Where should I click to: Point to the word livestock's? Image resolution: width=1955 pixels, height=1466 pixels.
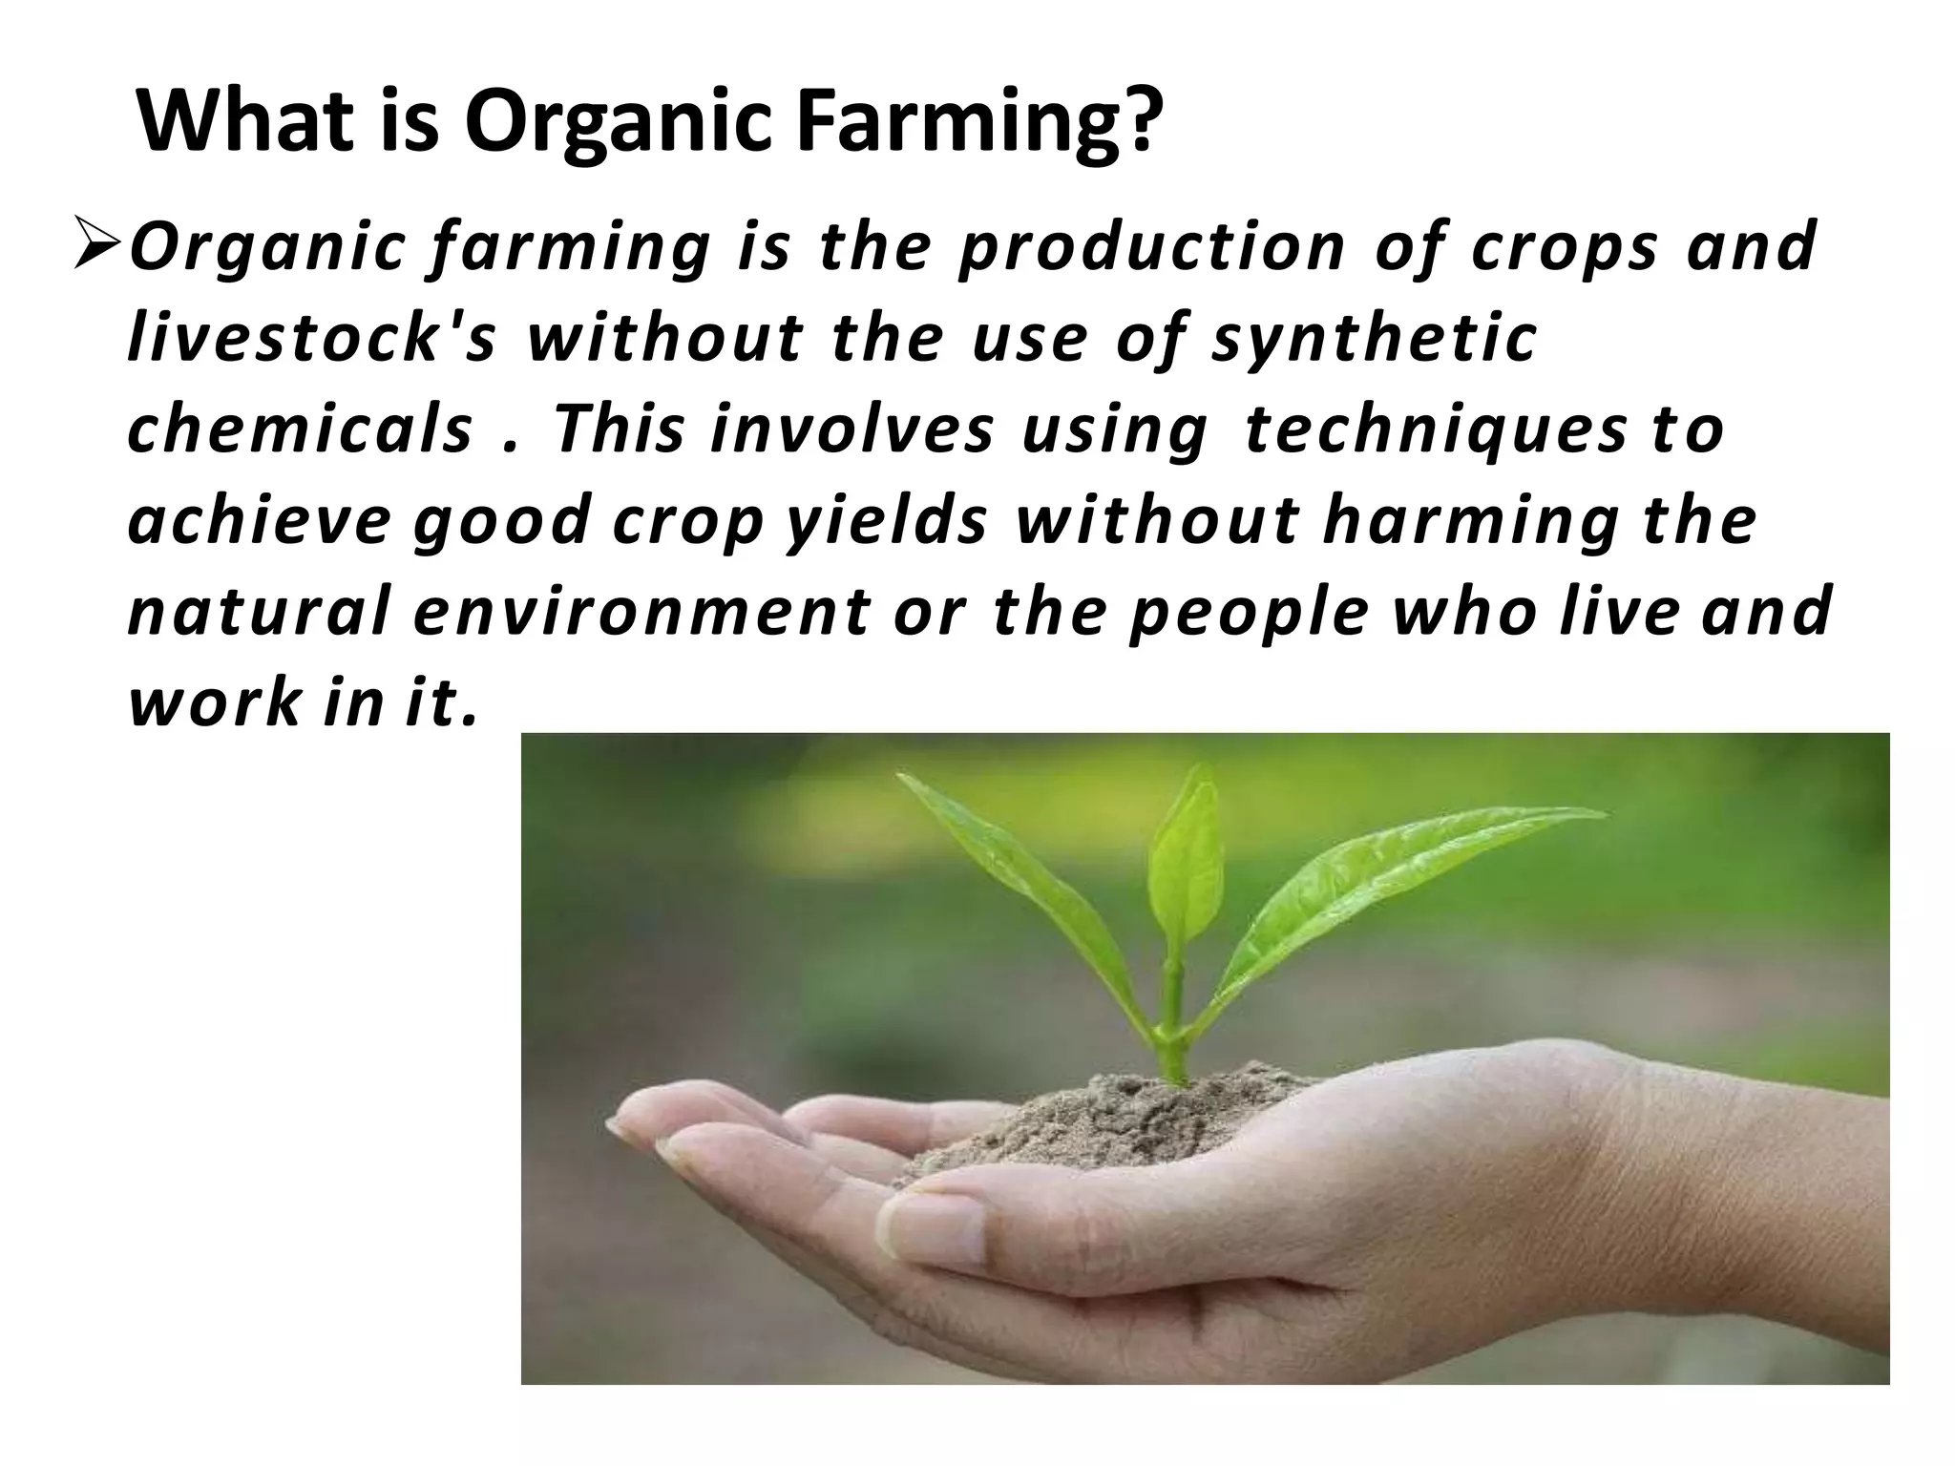pyautogui.click(x=312, y=339)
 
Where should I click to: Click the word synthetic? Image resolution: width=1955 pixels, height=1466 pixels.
pyautogui.click(x=1375, y=339)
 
